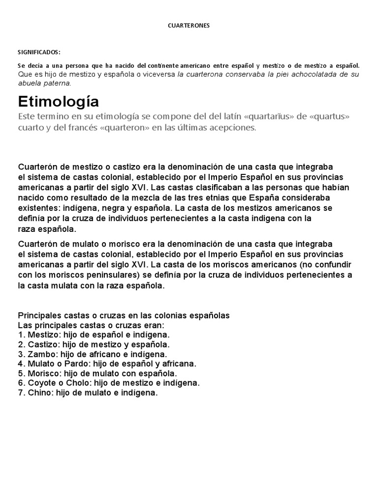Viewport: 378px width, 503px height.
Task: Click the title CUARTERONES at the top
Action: (x=189, y=26)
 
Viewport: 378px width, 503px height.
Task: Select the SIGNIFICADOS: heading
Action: (x=39, y=52)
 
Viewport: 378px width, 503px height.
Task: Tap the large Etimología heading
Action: (x=59, y=102)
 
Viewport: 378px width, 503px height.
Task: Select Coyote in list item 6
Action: (x=40, y=383)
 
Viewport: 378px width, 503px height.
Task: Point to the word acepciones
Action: (x=234, y=128)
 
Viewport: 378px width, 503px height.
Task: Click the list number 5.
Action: (x=21, y=373)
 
